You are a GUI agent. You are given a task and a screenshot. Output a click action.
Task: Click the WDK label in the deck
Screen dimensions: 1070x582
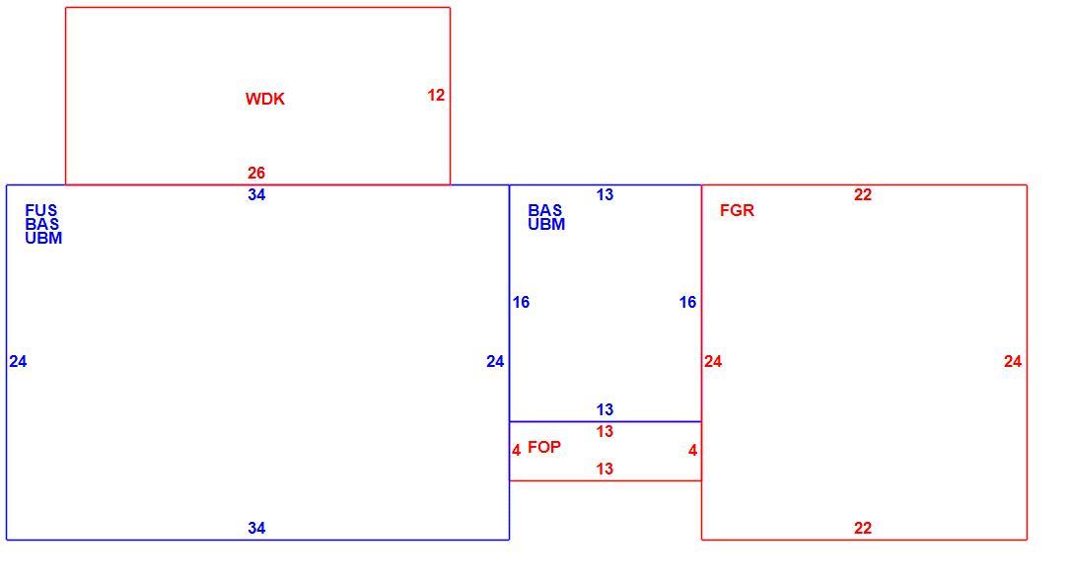pyautogui.click(x=264, y=99)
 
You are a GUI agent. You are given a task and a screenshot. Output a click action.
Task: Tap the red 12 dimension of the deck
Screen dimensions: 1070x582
pyautogui.click(x=436, y=96)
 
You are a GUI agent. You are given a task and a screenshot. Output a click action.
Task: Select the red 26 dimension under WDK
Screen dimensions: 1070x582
pyautogui.click(x=256, y=174)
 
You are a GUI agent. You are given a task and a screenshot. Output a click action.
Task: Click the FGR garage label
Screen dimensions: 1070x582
pyautogui.click(x=737, y=211)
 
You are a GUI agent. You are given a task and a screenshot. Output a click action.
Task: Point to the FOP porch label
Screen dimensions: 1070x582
pyautogui.click(x=544, y=448)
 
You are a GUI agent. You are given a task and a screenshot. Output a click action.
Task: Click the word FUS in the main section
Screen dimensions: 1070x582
pyautogui.click(x=41, y=210)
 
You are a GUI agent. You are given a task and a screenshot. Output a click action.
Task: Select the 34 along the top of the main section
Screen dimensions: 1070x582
pyautogui.click(x=256, y=195)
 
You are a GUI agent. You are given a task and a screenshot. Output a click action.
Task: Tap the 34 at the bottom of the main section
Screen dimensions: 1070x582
pyautogui.click(x=256, y=528)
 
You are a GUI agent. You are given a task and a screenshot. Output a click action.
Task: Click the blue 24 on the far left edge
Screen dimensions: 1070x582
pyautogui.click(x=18, y=362)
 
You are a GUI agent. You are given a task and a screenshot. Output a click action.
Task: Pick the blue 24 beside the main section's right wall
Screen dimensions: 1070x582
pyautogui.click(x=495, y=362)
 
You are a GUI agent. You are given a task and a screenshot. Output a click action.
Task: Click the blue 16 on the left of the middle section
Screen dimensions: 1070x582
pyautogui.click(x=521, y=302)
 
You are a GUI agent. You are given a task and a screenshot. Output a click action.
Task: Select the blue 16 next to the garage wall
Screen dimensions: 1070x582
pyautogui.click(x=688, y=302)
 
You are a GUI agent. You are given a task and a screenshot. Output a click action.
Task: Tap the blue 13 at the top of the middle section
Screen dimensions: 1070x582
pyautogui.click(x=605, y=195)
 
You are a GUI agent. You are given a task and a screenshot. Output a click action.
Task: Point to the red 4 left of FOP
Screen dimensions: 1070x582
pyautogui.click(x=517, y=451)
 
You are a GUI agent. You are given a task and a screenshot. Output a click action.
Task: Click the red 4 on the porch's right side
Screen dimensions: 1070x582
pyautogui.click(x=692, y=451)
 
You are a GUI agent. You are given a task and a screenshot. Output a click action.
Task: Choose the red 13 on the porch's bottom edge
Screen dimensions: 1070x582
pyautogui.click(x=605, y=470)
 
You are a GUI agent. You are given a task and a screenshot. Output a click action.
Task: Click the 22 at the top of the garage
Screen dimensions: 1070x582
pyautogui.click(x=863, y=195)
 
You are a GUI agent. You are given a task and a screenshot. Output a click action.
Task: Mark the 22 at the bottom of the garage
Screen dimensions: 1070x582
pyautogui.click(x=863, y=528)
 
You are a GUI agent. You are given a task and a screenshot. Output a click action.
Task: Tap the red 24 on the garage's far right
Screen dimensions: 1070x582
pyautogui.click(x=1013, y=362)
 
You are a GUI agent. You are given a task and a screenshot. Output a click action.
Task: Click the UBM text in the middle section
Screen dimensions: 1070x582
pyautogui.click(x=546, y=225)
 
